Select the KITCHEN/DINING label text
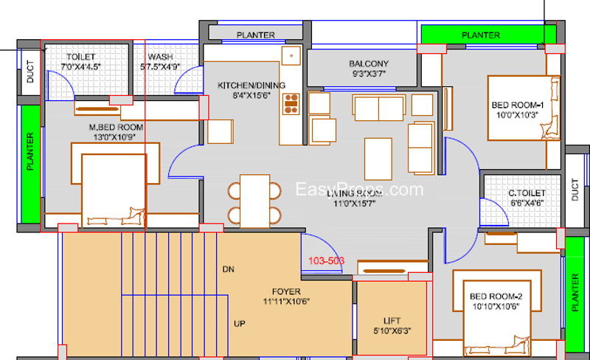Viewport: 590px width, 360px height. pyautogui.click(x=246, y=86)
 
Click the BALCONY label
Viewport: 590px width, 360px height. pyautogui.click(x=369, y=63)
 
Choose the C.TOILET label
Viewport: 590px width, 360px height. pyautogui.click(x=526, y=194)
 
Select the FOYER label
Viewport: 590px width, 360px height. pyautogui.click(x=285, y=291)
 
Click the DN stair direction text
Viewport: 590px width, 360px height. pyautogui.click(x=228, y=269)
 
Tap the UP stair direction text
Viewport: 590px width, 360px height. pyautogui.click(x=239, y=324)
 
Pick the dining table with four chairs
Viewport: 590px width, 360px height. pyautogui.click(x=254, y=200)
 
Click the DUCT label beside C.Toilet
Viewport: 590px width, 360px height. pyautogui.click(x=575, y=190)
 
